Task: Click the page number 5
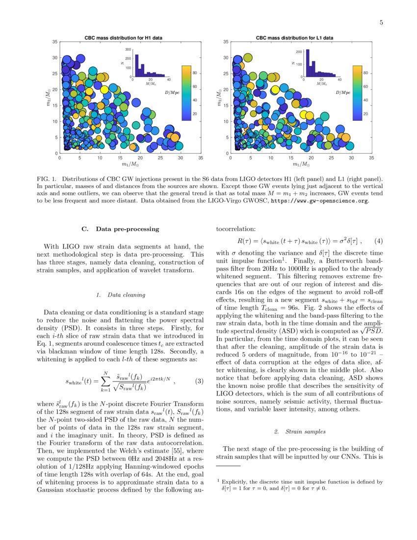381,22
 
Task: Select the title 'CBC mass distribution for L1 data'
295,37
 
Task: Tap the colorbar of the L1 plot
358,93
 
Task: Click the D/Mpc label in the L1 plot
343,92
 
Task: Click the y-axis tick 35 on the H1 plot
54,42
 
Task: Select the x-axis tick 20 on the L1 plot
311,158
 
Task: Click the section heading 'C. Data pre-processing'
120,229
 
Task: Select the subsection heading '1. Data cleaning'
120,295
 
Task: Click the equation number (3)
199,381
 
